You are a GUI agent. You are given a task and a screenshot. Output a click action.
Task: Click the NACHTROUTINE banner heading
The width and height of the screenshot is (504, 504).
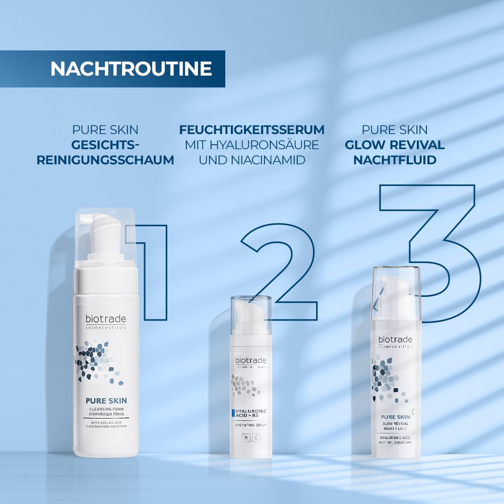click(x=131, y=69)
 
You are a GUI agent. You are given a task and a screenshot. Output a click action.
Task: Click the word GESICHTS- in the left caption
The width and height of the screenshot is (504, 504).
click(x=105, y=145)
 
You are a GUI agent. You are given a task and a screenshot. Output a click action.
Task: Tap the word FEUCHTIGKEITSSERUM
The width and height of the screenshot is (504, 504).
click(x=251, y=130)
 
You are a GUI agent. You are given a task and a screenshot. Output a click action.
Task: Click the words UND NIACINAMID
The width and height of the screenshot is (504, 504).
click(x=251, y=160)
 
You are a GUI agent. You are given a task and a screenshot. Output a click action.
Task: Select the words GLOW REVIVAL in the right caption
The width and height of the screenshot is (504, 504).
click(x=395, y=145)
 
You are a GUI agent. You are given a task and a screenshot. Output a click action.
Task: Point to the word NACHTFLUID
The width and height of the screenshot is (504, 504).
click(x=395, y=160)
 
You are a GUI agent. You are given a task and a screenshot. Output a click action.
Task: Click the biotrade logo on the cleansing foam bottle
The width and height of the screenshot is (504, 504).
click(x=105, y=319)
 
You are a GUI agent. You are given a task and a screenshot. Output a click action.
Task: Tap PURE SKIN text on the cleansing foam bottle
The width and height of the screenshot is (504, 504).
click(x=105, y=402)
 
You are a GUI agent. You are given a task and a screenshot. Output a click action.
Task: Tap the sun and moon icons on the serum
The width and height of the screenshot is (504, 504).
click(x=250, y=438)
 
